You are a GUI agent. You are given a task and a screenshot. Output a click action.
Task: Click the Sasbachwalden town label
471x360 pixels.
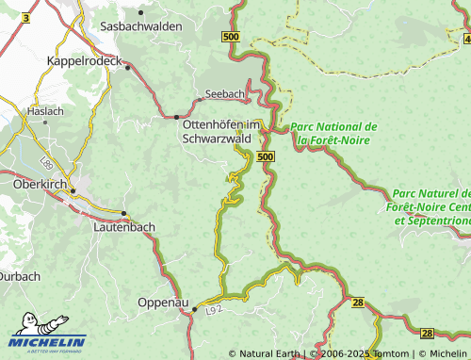click(140, 26)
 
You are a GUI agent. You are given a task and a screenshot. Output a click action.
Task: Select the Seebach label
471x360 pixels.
click(225, 95)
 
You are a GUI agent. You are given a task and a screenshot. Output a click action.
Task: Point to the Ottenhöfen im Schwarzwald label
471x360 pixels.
click(219, 129)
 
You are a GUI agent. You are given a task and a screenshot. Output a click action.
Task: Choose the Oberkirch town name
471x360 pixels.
click(38, 184)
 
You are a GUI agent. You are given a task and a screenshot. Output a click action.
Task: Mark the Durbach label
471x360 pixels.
click(20, 276)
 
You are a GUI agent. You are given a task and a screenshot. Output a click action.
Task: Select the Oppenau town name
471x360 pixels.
click(164, 302)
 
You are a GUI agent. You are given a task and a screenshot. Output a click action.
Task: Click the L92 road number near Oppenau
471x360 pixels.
click(214, 308)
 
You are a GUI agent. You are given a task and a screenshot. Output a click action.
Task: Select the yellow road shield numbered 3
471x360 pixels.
click(24, 18)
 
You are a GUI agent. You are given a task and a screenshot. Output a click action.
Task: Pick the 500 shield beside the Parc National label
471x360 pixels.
click(266, 156)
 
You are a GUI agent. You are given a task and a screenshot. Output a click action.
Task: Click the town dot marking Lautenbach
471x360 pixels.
click(124, 213)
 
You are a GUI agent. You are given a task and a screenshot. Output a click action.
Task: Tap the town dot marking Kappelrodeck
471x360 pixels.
click(125, 66)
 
